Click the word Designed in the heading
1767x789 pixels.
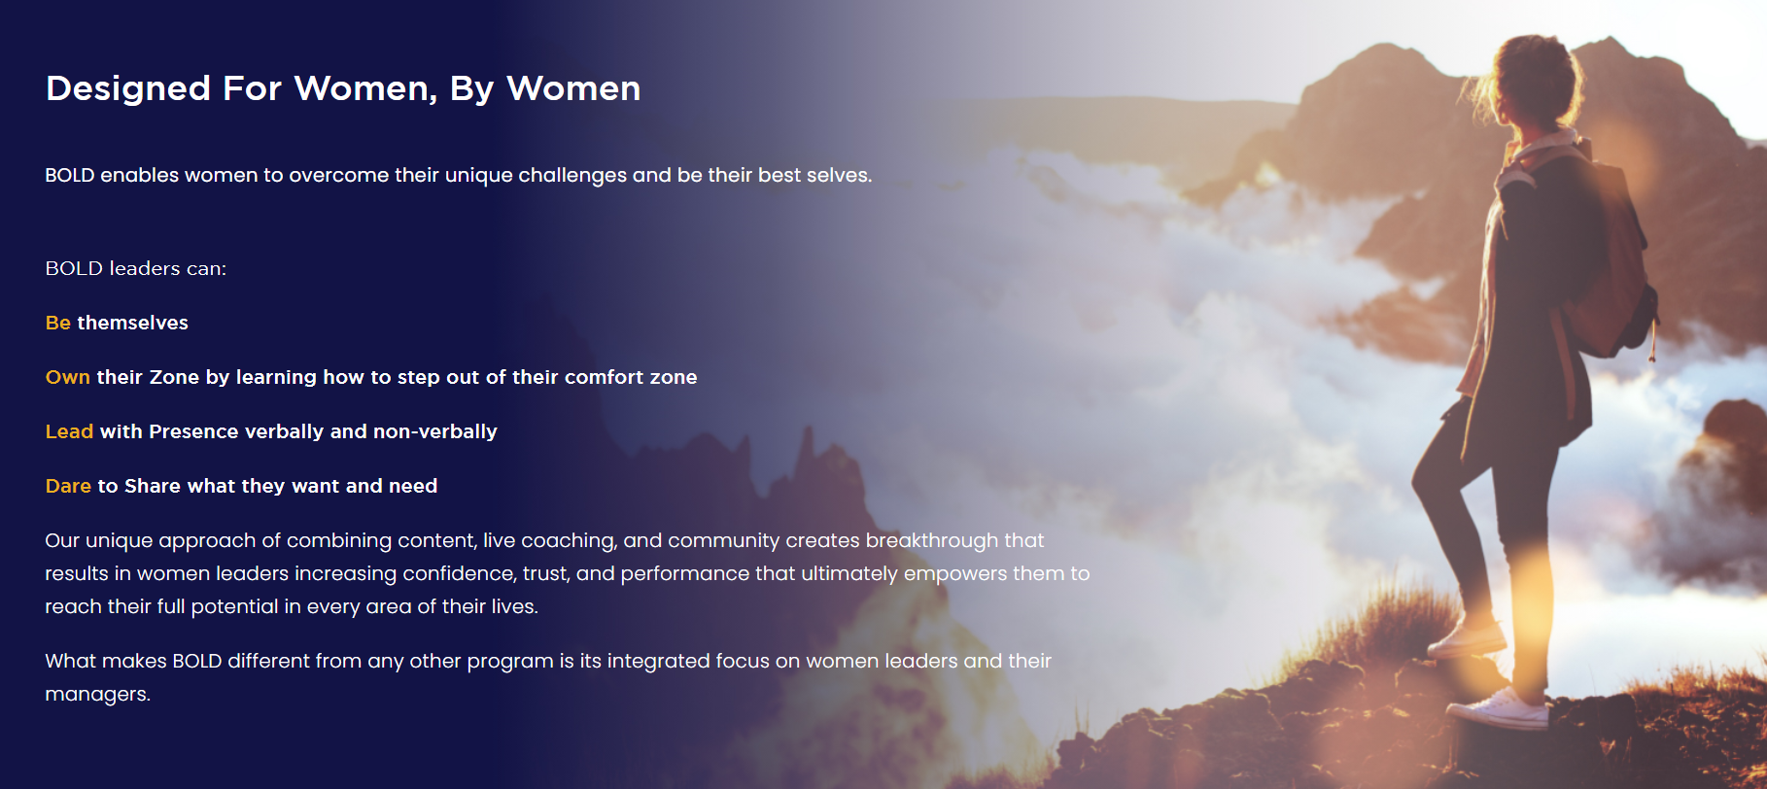click(128, 88)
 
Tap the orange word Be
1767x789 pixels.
click(58, 323)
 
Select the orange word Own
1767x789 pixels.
click(68, 377)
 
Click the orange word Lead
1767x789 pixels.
click(69, 431)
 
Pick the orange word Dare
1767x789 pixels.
click(68, 486)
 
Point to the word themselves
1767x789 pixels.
click(132, 323)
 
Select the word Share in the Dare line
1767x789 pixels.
click(153, 486)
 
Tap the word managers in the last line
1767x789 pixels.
click(97, 695)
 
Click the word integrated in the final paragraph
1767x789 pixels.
click(658, 662)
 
